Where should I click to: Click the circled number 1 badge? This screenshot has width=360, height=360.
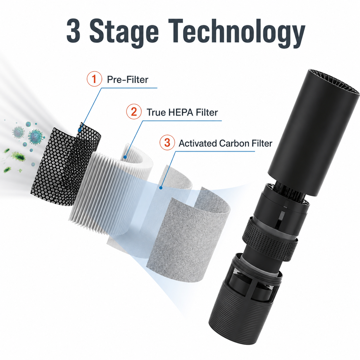point(94,79)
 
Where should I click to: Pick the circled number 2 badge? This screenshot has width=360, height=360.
point(134,112)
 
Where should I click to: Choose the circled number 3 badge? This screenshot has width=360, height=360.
point(167,143)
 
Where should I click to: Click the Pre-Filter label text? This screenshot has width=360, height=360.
point(127,80)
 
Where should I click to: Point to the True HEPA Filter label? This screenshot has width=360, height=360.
point(182,113)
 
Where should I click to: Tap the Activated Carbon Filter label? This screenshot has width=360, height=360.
point(225,143)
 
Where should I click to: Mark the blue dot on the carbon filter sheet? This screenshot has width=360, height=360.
point(161,188)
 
